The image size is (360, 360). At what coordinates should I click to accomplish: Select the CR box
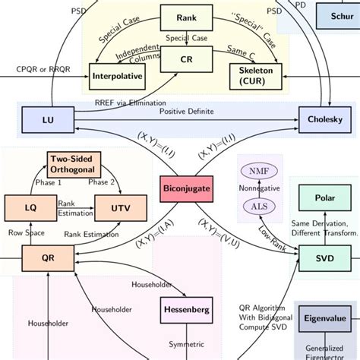click(x=186, y=58)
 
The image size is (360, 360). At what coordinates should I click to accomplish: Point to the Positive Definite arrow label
click(x=187, y=112)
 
